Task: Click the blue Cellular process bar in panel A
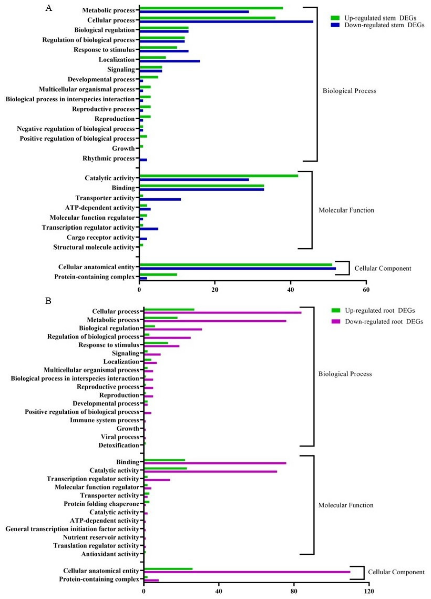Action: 226,22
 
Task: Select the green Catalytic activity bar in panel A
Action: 219,176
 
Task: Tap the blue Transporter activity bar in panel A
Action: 160,199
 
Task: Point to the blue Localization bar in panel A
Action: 170,61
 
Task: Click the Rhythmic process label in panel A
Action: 109,158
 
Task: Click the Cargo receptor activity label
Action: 101,237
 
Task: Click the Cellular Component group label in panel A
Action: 383,268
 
